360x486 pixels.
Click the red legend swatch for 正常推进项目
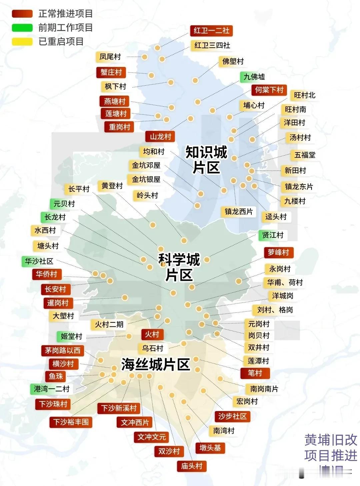(22, 14)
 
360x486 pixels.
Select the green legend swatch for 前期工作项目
(22, 28)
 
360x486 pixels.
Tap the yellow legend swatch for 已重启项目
(22, 42)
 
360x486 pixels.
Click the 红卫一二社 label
(211, 31)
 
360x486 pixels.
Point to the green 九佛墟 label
(254, 77)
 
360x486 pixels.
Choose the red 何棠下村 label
(269, 90)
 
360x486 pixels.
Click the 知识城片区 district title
(206, 160)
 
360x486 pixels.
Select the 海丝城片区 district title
(155, 364)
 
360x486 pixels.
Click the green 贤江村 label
(272, 235)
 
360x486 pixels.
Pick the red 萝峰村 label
(278, 252)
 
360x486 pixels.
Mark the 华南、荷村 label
(285, 282)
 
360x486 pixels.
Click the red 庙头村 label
(192, 466)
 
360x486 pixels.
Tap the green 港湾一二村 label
(52, 389)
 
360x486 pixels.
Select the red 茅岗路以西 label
(63, 350)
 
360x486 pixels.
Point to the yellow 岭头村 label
(147, 196)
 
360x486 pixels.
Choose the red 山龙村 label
(160, 137)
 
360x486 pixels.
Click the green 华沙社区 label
(39, 261)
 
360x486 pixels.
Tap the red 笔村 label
(255, 373)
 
